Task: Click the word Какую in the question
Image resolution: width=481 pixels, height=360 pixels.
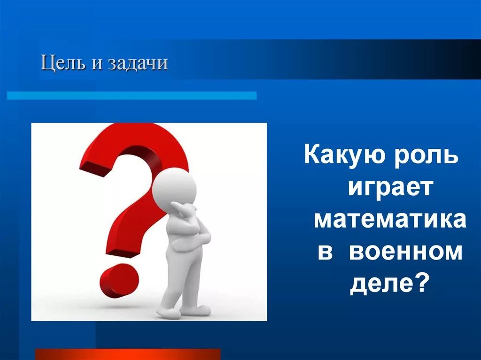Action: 341,155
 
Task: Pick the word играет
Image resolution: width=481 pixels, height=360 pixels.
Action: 389,188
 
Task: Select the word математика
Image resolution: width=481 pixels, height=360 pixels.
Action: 390,220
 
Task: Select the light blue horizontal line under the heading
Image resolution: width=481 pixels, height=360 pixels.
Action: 132,95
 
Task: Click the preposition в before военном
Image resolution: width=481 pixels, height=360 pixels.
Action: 325,253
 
